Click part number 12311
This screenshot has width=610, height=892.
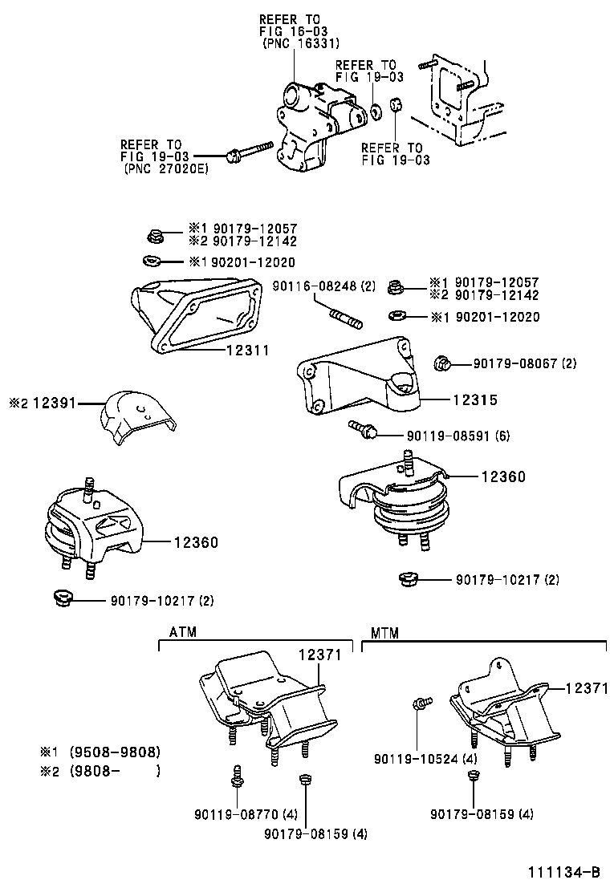[x=247, y=350]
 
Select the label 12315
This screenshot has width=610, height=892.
[x=475, y=400]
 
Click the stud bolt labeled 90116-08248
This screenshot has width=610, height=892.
[x=345, y=317]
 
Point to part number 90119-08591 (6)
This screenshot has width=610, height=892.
[x=458, y=436]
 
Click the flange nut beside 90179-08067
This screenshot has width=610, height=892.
[x=442, y=363]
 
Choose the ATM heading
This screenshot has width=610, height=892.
[x=183, y=632]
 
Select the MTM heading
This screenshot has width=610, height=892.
[x=384, y=633]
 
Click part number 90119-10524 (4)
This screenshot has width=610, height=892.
[x=425, y=758]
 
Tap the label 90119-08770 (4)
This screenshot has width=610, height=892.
[x=246, y=815]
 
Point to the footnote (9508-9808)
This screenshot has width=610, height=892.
[x=115, y=752]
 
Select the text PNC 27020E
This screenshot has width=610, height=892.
[x=165, y=169]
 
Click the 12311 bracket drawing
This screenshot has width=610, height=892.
[x=196, y=316]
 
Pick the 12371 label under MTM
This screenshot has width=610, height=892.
[x=587, y=688]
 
